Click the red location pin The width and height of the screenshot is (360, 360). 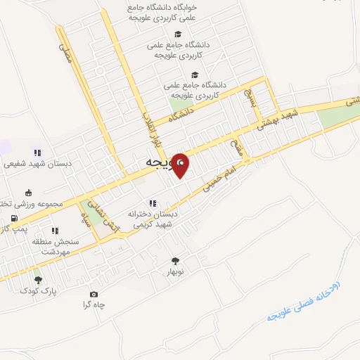pos(181,165)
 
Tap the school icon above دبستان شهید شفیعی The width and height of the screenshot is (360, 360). pos(37,153)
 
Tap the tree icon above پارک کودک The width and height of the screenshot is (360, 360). pos(38,279)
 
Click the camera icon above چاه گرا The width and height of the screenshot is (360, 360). pos(94,294)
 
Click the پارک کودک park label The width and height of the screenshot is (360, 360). pos(38,290)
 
